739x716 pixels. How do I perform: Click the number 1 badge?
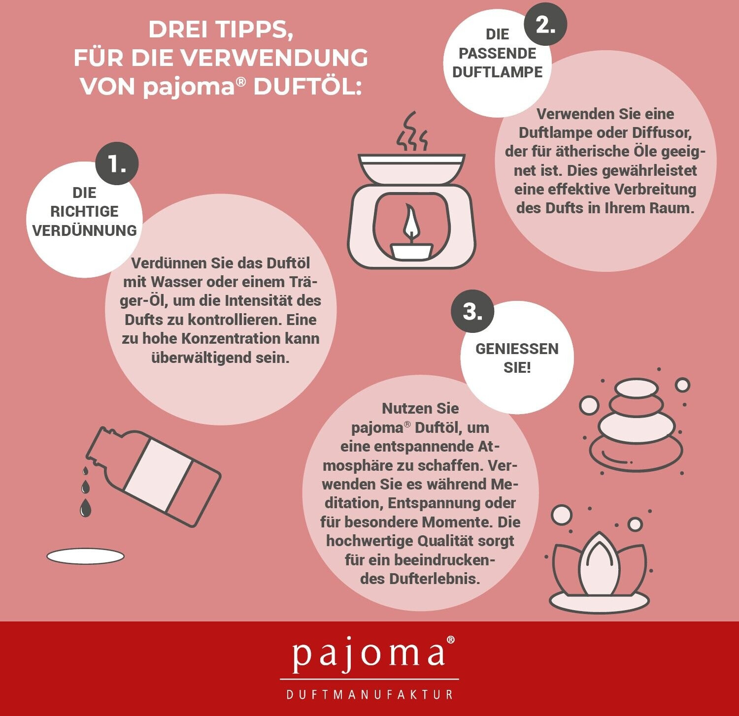(117, 164)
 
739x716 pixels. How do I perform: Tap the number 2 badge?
(545, 24)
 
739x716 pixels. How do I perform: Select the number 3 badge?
(472, 311)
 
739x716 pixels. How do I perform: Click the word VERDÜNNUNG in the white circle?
(84, 230)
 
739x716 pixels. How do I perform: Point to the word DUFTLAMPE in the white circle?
(497, 72)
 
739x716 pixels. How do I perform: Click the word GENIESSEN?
(517, 349)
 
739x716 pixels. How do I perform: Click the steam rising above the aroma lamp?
(412, 131)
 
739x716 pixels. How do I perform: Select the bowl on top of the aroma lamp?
(411, 169)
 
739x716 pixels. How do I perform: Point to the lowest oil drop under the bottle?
(85, 508)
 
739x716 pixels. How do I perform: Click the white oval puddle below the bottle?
(85, 556)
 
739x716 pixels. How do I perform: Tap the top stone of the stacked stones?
(637, 388)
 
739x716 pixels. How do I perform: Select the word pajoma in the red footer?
(369, 654)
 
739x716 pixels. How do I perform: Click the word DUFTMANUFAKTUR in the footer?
(369, 694)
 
